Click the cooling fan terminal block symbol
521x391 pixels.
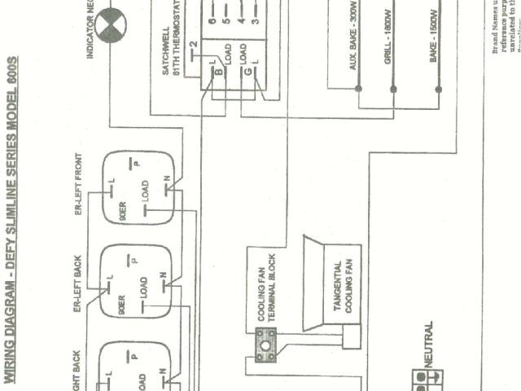pos(263,345)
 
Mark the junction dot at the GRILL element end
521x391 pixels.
pos(392,88)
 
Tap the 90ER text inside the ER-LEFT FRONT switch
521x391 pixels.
pos(122,210)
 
